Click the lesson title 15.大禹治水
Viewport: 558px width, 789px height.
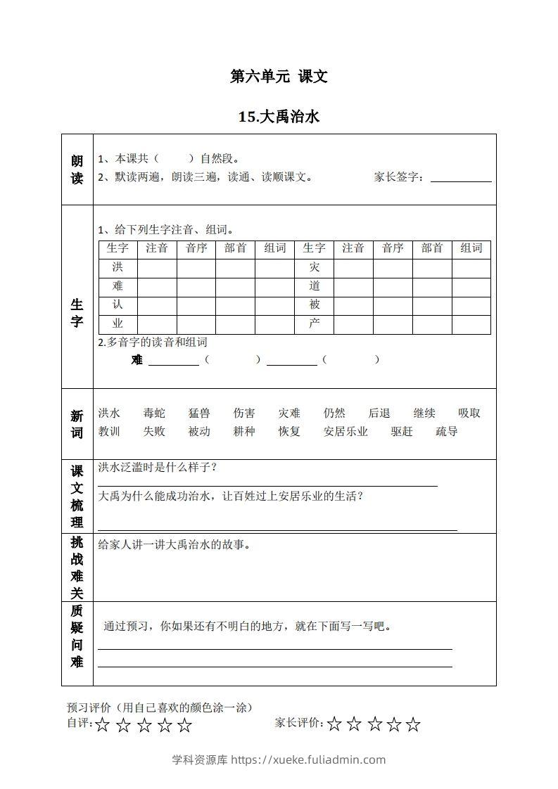(279, 117)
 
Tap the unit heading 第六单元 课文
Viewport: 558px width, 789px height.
(279, 77)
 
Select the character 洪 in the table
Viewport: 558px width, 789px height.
(118, 267)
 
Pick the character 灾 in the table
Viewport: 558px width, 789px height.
(314, 267)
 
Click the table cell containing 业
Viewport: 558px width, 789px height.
(118, 324)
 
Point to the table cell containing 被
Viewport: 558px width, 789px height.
(314, 305)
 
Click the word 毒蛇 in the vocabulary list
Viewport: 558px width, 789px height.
(154, 413)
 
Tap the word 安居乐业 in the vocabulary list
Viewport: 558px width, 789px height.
(345, 432)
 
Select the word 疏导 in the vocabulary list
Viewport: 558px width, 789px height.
(446, 432)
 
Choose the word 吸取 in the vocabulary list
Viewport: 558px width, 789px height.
(469, 413)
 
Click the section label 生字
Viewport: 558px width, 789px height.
(77, 313)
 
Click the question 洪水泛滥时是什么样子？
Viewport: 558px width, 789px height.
(157, 468)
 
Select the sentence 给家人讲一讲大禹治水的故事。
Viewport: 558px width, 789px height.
(175, 545)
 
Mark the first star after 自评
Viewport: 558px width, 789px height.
(103, 725)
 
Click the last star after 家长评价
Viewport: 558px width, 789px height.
(414, 724)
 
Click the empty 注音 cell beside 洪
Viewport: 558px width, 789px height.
(157, 267)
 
